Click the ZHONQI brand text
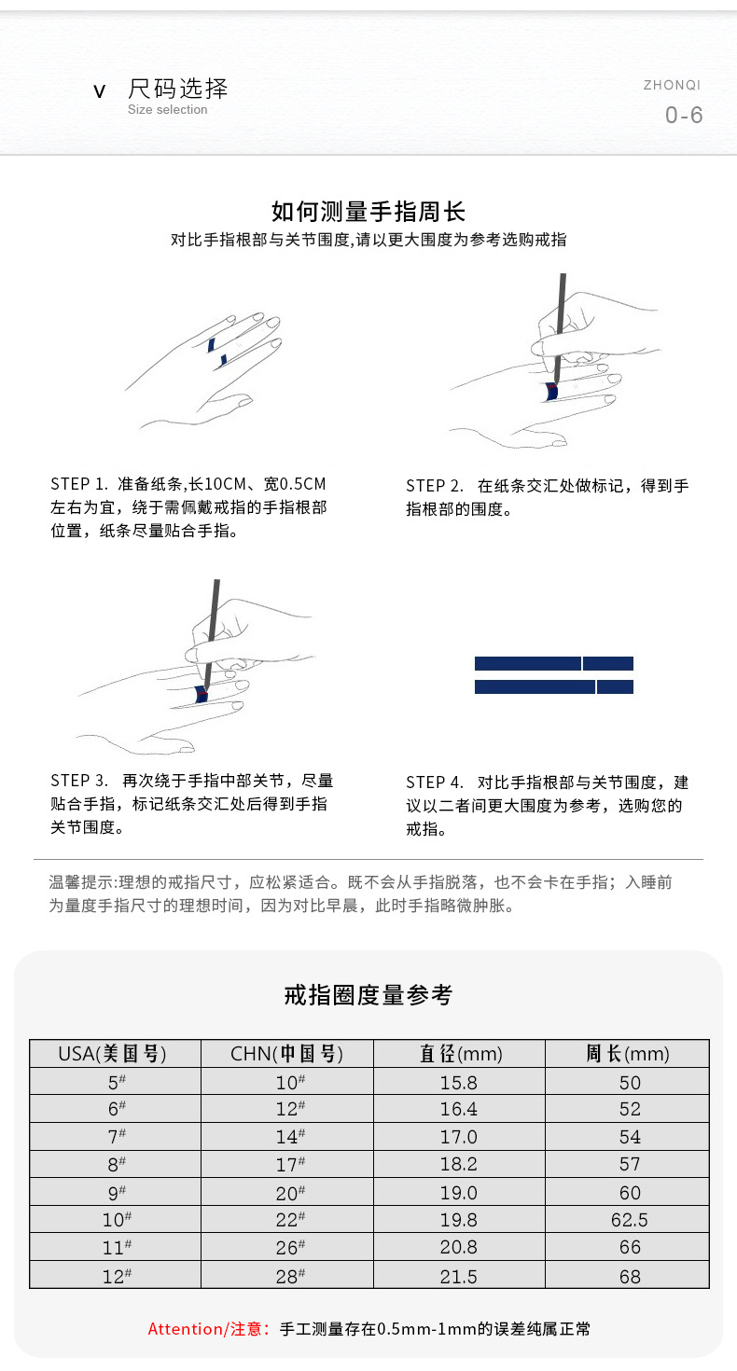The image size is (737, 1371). (672, 85)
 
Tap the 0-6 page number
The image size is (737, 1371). (684, 116)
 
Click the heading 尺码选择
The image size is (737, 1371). (177, 90)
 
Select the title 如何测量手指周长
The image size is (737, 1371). (368, 212)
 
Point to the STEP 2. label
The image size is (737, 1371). (435, 486)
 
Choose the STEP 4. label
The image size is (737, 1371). (435, 782)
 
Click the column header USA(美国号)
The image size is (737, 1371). (115, 1054)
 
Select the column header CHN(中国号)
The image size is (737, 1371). (287, 1054)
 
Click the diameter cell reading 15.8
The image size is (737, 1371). (459, 1083)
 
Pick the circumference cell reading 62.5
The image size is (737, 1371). (631, 1220)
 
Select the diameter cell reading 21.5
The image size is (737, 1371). (459, 1276)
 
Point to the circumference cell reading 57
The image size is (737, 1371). (631, 1165)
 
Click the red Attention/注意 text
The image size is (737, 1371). (209, 1329)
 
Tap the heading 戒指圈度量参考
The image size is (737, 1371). (368, 995)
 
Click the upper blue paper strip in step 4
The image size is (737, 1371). (554, 664)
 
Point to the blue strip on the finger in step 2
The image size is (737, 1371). (552, 393)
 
